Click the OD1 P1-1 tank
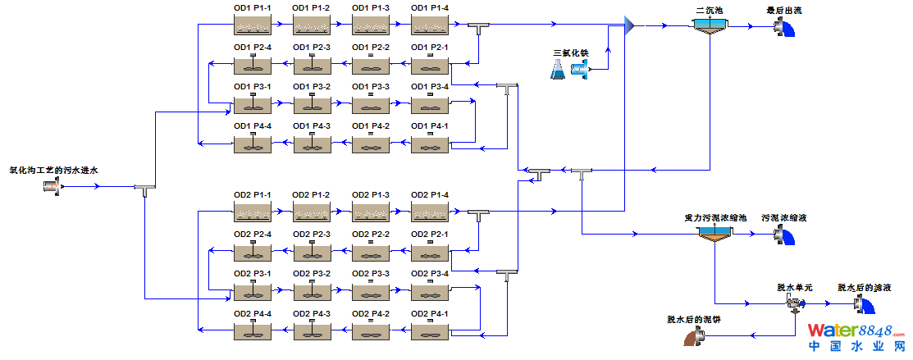point(253,25)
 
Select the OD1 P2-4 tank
point(253,65)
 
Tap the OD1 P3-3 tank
point(371,104)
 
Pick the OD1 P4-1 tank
point(430,144)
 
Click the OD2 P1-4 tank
point(430,212)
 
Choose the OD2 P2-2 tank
point(371,252)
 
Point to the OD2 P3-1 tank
point(253,291)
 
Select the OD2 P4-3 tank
point(312,330)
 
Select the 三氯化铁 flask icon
point(559,70)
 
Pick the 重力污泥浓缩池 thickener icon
point(715,235)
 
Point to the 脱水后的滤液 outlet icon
point(863,304)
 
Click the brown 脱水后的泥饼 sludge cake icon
point(697,335)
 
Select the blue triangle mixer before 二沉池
point(629,26)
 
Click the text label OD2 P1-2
point(312,194)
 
